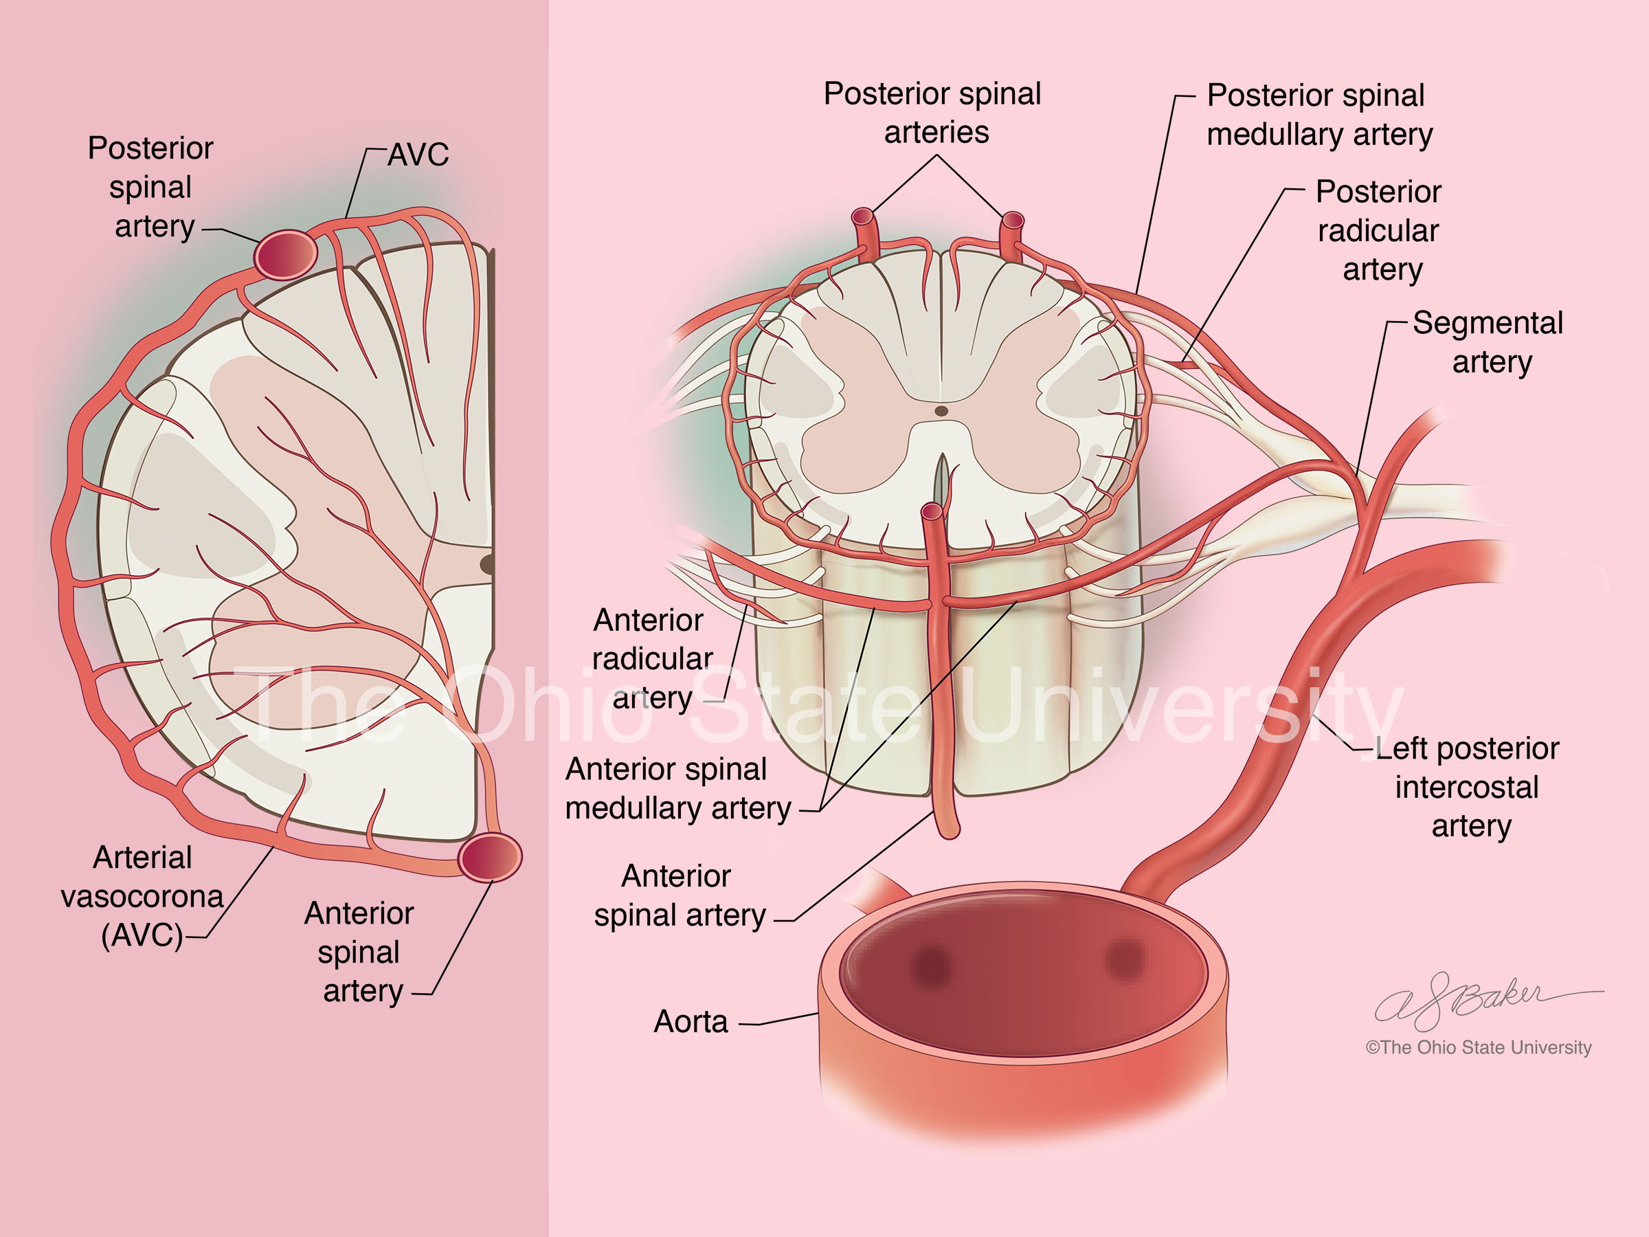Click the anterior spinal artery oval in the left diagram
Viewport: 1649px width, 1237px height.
click(x=490, y=858)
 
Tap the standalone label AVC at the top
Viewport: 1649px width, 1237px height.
click(x=418, y=155)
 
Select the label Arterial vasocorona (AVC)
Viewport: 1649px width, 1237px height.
click(x=142, y=896)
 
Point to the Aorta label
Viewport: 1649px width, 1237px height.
click(x=691, y=1021)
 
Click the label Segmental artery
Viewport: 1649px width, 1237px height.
click(x=1488, y=342)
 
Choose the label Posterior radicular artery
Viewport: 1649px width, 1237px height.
click(x=1378, y=230)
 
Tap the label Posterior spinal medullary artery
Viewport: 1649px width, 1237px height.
click(x=1319, y=115)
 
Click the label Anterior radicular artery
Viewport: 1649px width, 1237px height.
click(x=651, y=659)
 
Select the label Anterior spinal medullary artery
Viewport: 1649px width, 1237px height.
click(x=677, y=788)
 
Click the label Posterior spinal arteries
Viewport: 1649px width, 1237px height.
click(x=932, y=113)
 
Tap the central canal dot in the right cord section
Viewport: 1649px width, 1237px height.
click(x=941, y=411)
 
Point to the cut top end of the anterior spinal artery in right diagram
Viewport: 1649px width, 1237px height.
click(x=932, y=511)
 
